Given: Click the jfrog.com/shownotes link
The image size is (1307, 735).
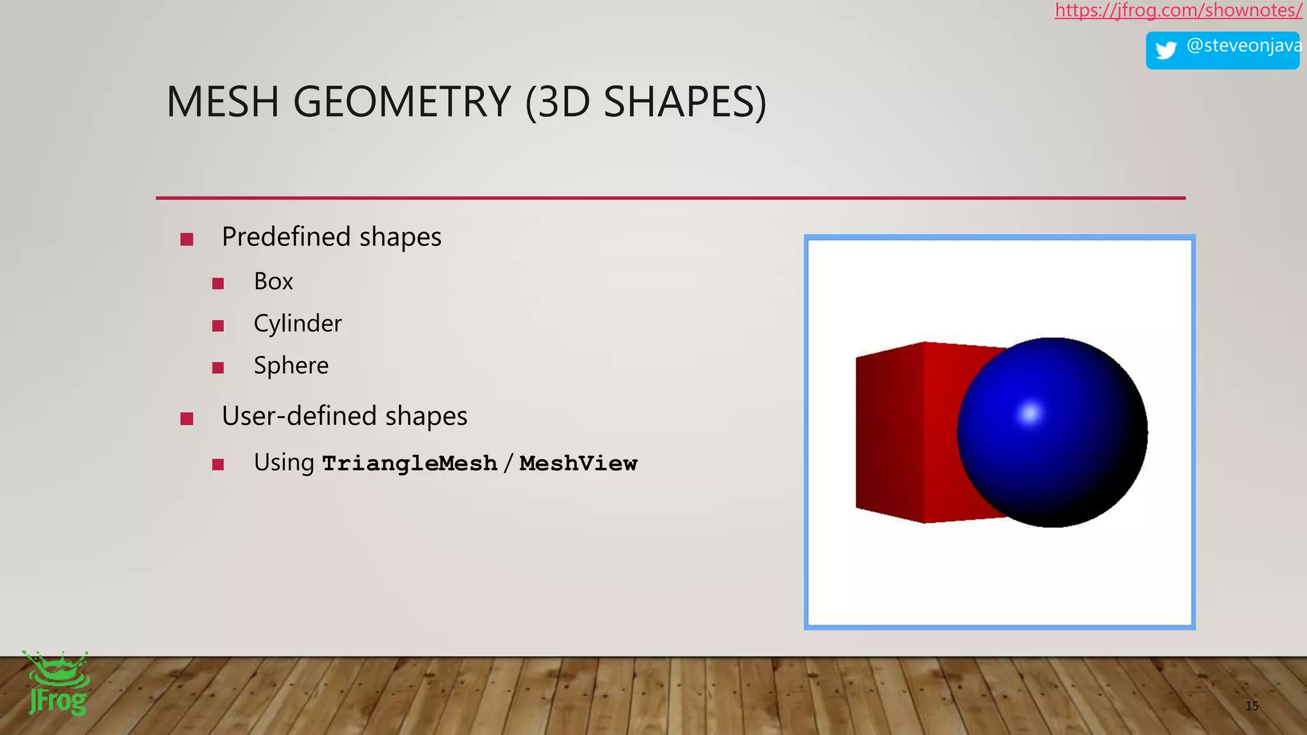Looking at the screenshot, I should (x=1178, y=10).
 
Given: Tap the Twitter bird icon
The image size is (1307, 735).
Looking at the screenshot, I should (x=1166, y=50).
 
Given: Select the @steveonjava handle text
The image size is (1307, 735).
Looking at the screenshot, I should (x=1243, y=46).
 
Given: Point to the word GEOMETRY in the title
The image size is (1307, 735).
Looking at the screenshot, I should (x=402, y=102).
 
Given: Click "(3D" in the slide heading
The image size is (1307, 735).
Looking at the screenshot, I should (x=558, y=102).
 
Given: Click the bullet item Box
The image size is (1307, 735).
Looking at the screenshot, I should (x=273, y=281).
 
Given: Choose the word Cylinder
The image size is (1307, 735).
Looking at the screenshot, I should (x=297, y=323).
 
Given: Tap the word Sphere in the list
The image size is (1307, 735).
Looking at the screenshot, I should (x=291, y=366).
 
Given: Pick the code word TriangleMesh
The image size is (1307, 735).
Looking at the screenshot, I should (x=410, y=463).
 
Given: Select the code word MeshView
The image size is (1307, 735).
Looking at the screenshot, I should (x=578, y=463).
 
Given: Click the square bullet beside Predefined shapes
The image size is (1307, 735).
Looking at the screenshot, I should (x=187, y=239).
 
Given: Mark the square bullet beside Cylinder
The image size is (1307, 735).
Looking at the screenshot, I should (x=218, y=326).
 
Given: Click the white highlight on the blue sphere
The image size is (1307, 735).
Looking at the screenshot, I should (x=1029, y=413).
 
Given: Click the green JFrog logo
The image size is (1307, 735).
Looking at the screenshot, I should (x=57, y=684).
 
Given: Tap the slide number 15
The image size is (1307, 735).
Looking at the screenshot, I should (x=1252, y=706).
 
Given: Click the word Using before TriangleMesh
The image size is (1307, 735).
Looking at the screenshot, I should (x=284, y=463).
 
